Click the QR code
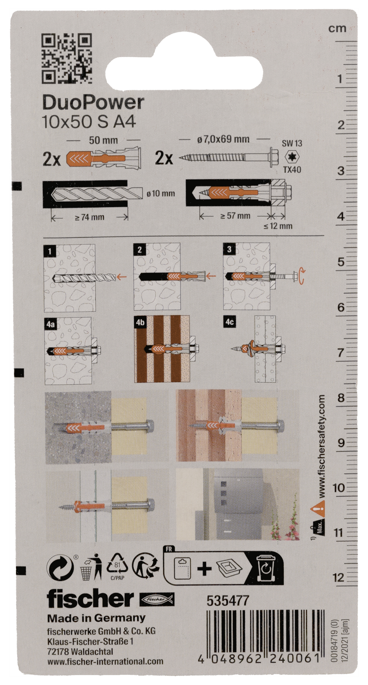click(x=67, y=58)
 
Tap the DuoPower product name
click(x=93, y=103)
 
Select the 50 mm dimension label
click(x=103, y=140)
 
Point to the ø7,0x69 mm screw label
click(x=223, y=139)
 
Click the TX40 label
click(x=292, y=170)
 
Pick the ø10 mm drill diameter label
click(x=161, y=194)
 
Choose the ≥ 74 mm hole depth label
click(x=89, y=217)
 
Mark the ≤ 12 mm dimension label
click(x=278, y=226)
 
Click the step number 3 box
click(x=229, y=249)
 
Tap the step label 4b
click(x=140, y=322)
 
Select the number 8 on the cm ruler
click(x=341, y=398)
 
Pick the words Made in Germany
click(x=96, y=618)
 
